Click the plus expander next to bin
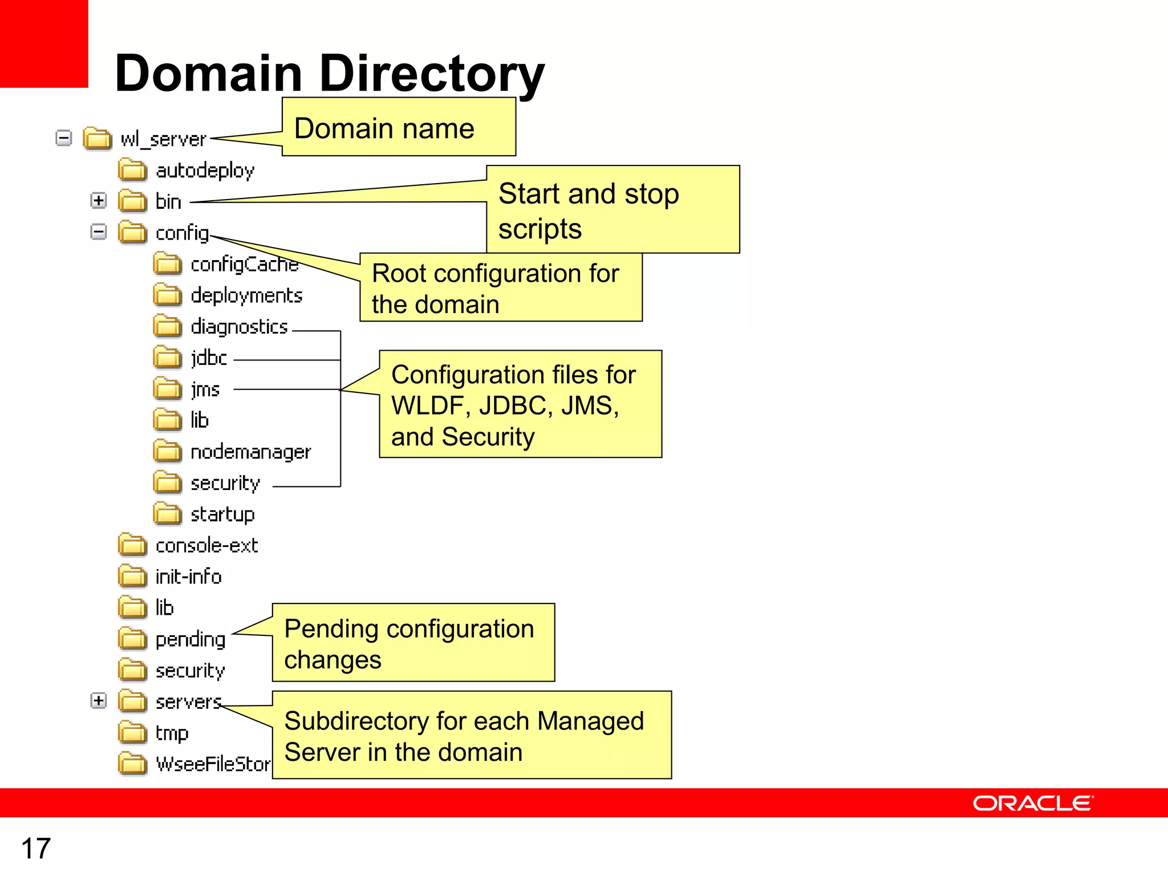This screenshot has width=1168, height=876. coord(99,201)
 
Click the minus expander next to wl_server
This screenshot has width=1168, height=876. coord(64,138)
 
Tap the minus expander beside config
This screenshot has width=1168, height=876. coord(99,232)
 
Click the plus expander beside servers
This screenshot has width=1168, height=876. coord(99,701)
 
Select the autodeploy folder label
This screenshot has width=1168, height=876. coord(205,171)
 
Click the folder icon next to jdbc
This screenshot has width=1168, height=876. coord(167,358)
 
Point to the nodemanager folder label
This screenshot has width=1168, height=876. coord(250,452)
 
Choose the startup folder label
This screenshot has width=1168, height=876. coord(222,514)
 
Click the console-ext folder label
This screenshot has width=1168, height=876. coord(206,546)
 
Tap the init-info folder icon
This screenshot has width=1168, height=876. coord(132,577)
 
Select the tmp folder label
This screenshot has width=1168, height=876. coord(172,733)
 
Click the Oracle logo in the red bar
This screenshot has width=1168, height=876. coord(1033,804)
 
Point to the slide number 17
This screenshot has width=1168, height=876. coord(36,849)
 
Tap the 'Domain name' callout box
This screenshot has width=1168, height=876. coord(399,127)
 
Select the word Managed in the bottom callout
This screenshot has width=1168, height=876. coord(590,721)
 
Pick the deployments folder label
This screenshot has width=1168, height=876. coord(246,295)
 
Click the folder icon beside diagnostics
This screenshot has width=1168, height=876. coord(167,326)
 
